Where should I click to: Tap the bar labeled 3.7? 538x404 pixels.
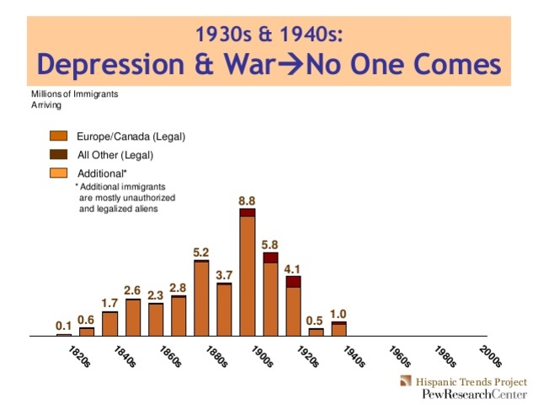tap(224, 309)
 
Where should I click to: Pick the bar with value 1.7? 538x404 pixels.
tap(109, 323)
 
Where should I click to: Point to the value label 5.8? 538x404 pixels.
tap(270, 244)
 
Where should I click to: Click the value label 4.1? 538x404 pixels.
tap(292, 268)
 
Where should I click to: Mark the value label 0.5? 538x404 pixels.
tap(315, 320)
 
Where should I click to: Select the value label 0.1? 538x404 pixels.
tap(63, 326)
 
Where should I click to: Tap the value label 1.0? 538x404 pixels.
tap(338, 313)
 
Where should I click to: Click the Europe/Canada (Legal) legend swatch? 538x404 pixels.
tap(59, 136)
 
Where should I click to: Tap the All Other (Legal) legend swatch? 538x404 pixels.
tap(59, 155)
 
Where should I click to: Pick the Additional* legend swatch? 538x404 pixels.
tap(59, 173)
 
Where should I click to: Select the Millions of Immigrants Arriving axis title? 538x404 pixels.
tap(74, 98)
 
